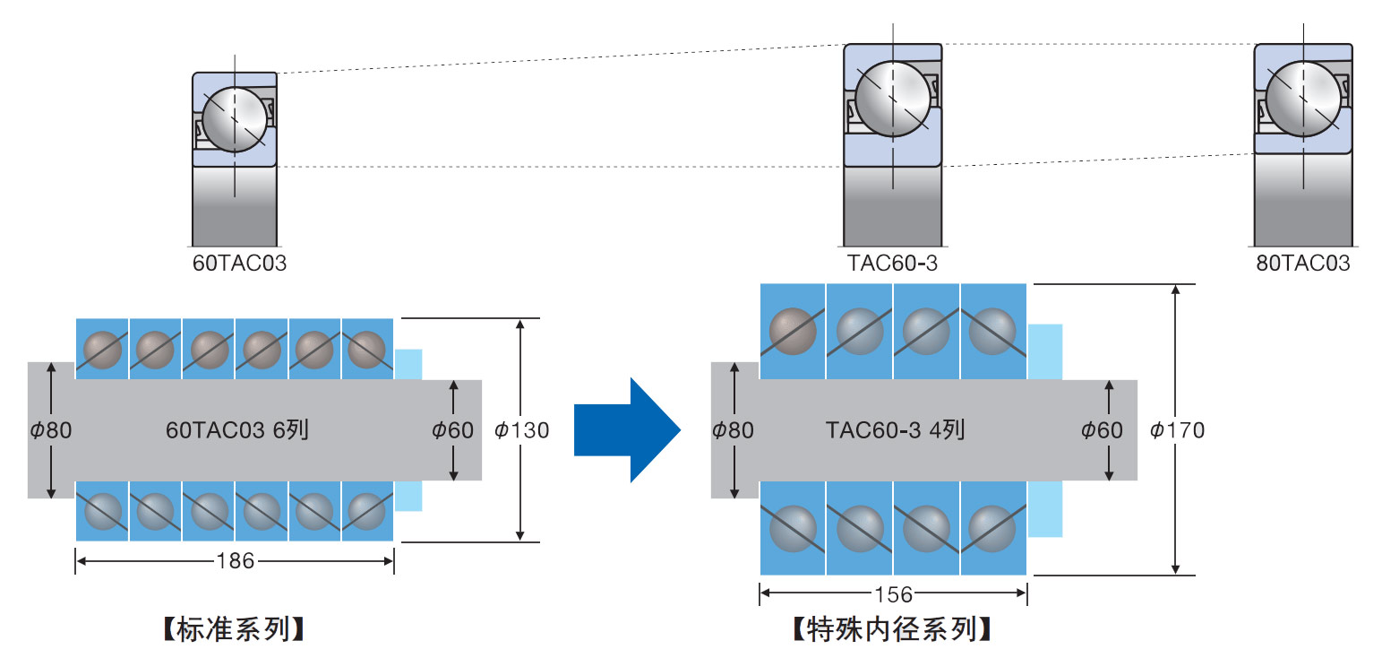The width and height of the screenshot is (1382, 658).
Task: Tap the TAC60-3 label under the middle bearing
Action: [x=892, y=264]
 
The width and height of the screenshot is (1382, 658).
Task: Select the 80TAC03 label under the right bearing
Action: [x=1302, y=264]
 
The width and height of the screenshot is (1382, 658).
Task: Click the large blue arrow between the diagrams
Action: [x=627, y=430]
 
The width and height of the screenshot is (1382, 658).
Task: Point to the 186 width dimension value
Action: [x=236, y=561]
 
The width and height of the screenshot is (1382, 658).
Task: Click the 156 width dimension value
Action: [x=893, y=594]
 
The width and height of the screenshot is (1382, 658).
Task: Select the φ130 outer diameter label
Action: [x=521, y=430]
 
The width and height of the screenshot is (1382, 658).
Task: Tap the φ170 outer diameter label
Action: [x=1177, y=430]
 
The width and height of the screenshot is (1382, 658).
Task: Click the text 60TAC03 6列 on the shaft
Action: [x=237, y=430]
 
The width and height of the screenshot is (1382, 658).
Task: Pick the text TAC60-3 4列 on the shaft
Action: [x=895, y=430]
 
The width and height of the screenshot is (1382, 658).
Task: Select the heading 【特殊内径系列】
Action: [x=892, y=630]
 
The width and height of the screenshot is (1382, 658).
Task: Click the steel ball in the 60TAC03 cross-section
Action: [x=236, y=120]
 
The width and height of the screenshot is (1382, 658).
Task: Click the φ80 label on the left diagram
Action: [x=50, y=430]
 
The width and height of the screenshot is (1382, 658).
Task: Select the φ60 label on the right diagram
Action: [x=1102, y=430]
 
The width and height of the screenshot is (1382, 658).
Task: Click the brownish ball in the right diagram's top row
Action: [x=793, y=331]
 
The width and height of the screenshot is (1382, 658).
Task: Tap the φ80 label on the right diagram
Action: [x=733, y=430]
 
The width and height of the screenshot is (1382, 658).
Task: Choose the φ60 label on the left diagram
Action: [x=452, y=430]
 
